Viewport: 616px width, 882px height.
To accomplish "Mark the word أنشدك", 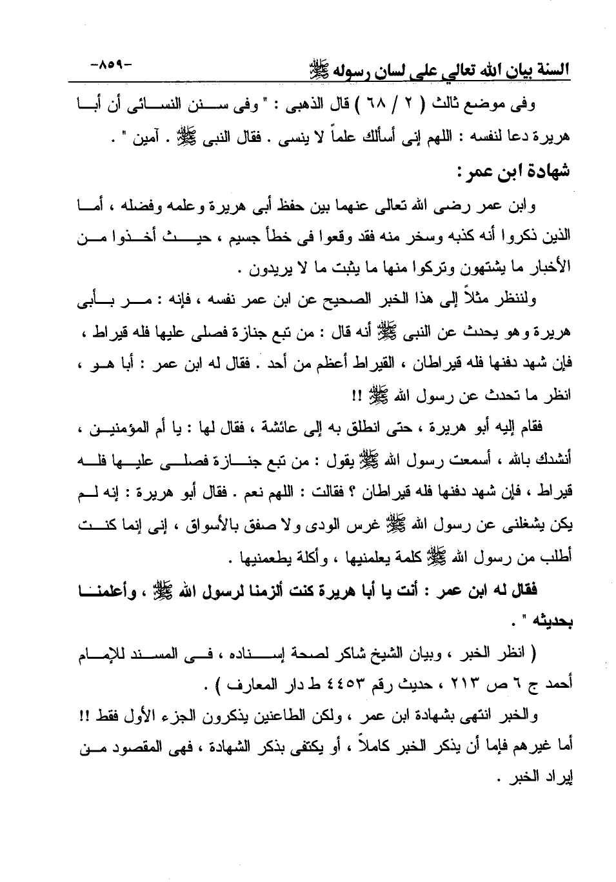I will point(556,460).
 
